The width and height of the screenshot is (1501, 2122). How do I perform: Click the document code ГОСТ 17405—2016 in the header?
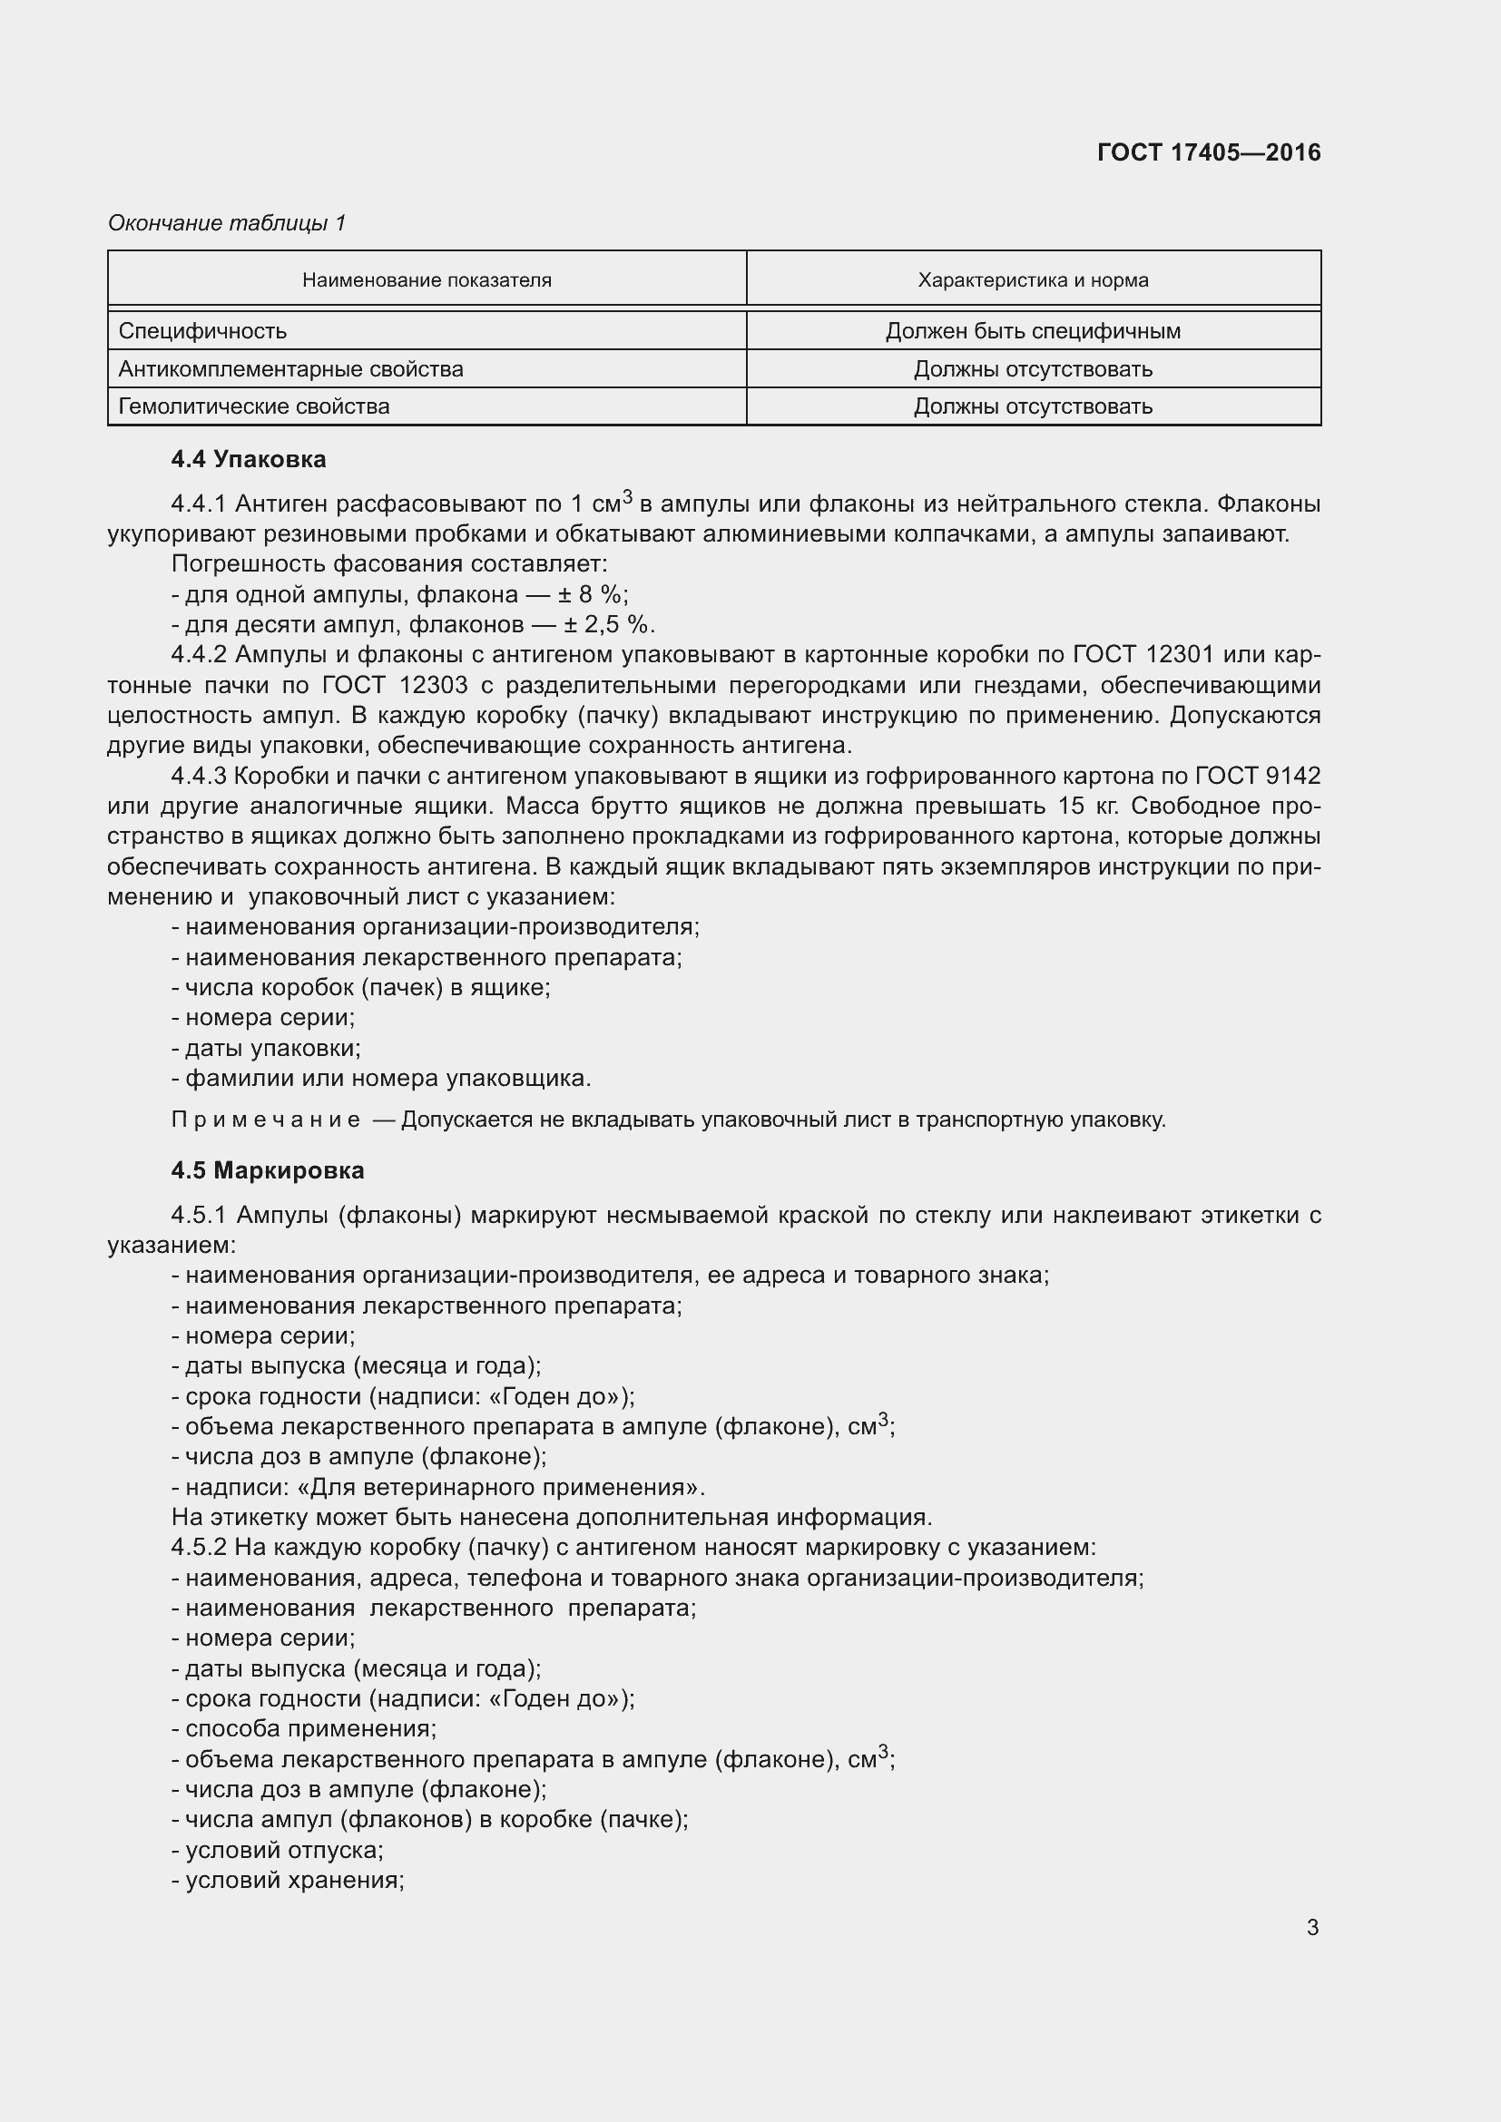tap(1208, 152)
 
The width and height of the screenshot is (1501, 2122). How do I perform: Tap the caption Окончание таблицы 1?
tap(227, 223)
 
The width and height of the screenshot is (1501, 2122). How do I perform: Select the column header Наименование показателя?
tap(427, 280)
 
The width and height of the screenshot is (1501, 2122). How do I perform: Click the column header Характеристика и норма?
tap(1033, 280)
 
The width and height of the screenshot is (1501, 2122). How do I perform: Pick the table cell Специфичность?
tap(202, 331)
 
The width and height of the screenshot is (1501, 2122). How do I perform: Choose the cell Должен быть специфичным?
tap(1033, 331)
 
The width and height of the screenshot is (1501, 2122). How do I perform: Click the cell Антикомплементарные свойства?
tap(290, 368)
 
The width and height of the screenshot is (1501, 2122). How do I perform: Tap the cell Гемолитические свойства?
tap(253, 406)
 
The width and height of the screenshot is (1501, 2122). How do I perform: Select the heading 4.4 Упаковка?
tap(248, 459)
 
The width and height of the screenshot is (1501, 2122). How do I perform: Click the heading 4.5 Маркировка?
tap(267, 1170)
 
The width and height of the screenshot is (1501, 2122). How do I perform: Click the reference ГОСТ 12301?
tap(1143, 655)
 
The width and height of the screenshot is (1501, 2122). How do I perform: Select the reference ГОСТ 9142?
tap(1258, 776)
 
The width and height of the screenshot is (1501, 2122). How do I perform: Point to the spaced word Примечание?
tap(265, 1120)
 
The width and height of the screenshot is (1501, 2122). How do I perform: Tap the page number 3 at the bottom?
tap(1312, 1927)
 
